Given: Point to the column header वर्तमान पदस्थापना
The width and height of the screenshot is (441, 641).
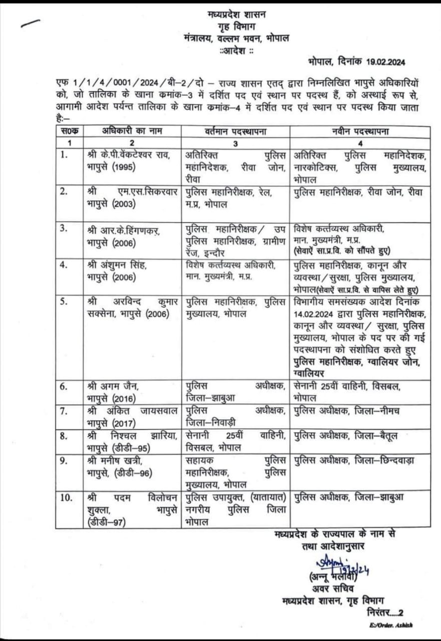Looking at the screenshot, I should (235, 131).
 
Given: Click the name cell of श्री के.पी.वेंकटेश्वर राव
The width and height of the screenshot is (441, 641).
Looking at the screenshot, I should (131, 161).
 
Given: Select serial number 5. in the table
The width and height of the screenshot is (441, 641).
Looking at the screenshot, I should (64, 301).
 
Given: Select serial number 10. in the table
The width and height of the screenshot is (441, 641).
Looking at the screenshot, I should (66, 497).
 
